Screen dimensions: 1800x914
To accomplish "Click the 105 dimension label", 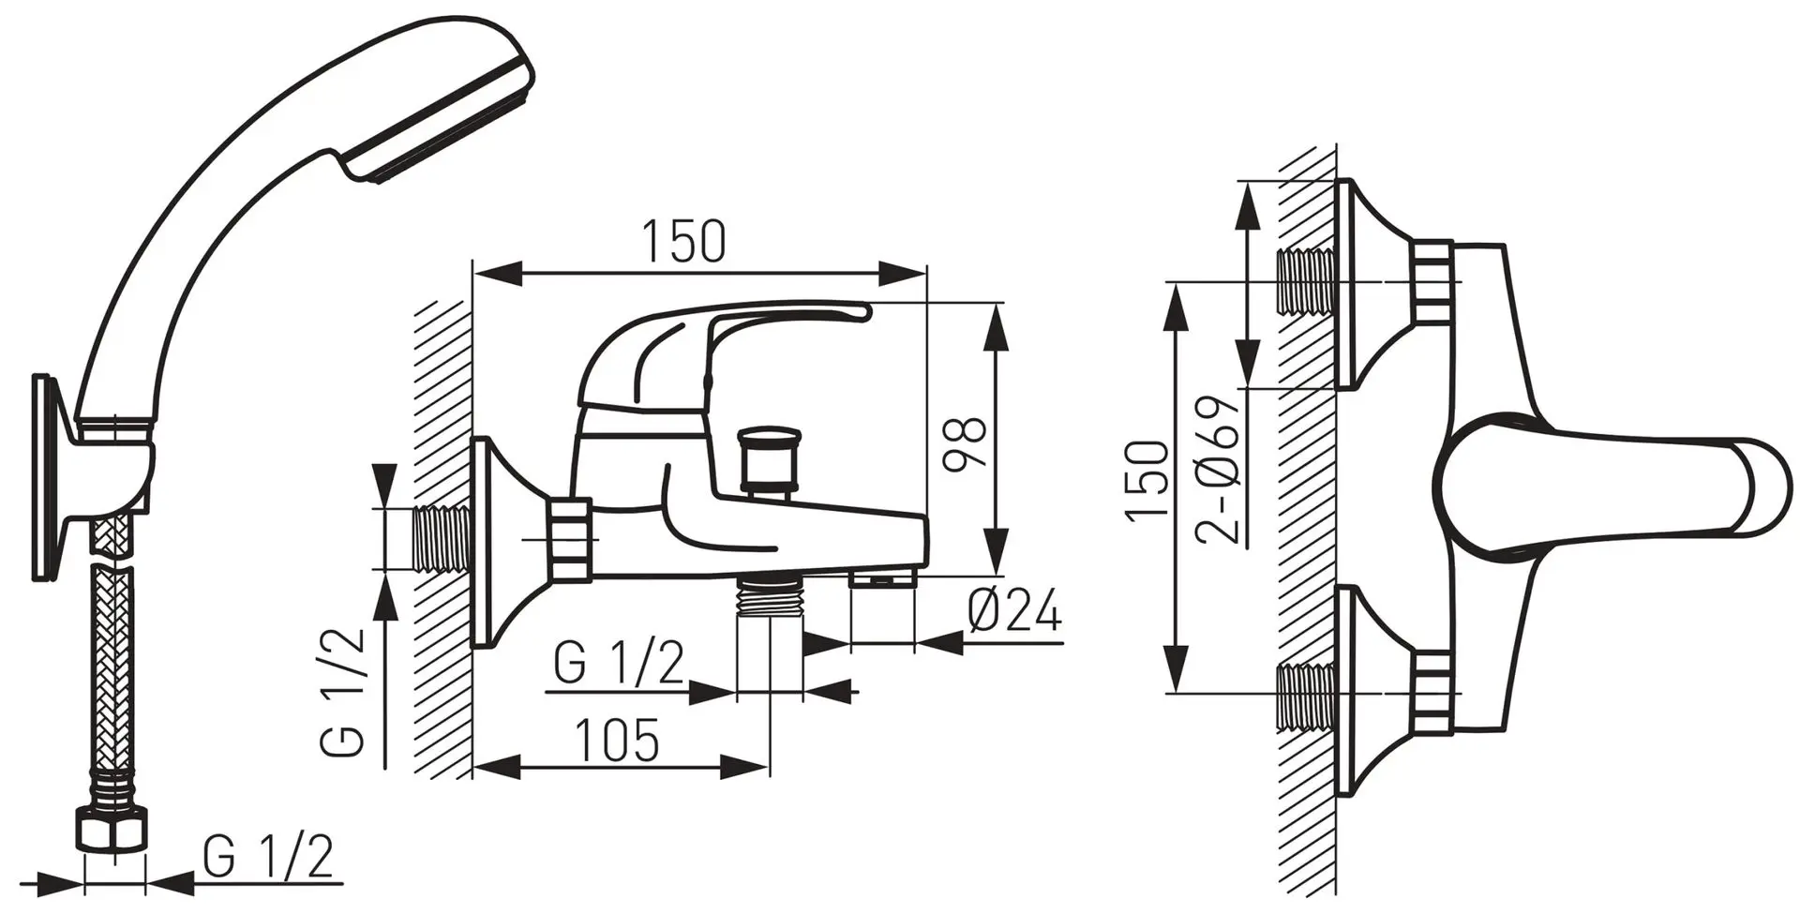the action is (616, 742).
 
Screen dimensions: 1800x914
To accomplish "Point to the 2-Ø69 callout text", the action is (1218, 471).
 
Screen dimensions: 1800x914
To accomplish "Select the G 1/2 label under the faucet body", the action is (619, 664).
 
